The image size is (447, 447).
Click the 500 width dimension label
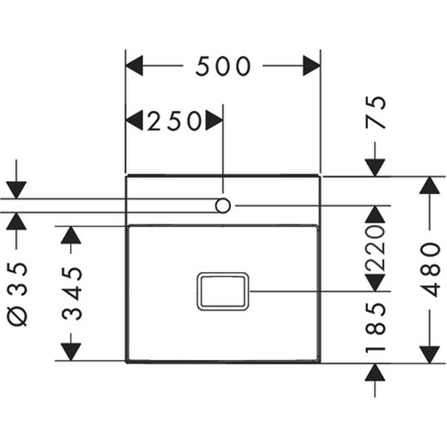[x=223, y=67]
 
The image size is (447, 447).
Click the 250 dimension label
[x=174, y=121]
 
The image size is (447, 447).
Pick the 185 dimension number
[x=375, y=327]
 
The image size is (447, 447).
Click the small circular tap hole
[x=223, y=204]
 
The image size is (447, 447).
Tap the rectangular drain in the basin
[x=222, y=291]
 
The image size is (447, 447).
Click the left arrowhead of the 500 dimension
[x=134, y=66]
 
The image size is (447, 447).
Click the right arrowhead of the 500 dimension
[x=311, y=66]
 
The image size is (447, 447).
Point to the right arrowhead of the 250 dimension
[x=215, y=121]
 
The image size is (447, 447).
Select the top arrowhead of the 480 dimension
[x=430, y=185]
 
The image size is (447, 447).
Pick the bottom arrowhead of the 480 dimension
[x=430, y=355]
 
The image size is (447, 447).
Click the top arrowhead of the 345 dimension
[x=70, y=235]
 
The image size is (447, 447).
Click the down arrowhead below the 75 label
[x=375, y=168]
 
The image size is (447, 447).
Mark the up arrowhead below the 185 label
[x=375, y=372]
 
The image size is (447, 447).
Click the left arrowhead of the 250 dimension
[x=135, y=121]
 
